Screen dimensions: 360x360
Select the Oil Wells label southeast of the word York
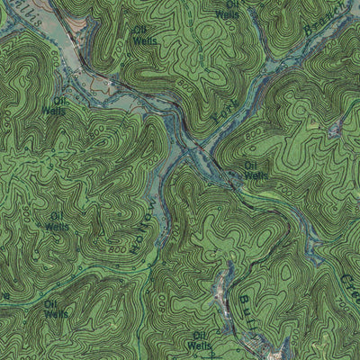coord(256,170)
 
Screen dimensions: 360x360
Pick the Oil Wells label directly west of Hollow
coord(58,221)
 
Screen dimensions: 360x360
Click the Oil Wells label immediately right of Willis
coord(142,35)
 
